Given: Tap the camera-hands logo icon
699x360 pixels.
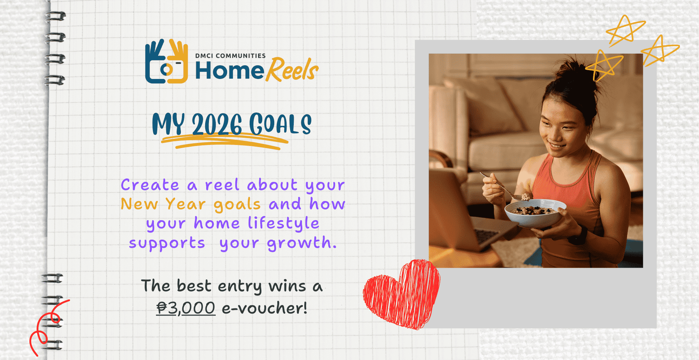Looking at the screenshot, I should [x=167, y=62].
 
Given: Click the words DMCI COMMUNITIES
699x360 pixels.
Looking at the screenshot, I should [x=230, y=56].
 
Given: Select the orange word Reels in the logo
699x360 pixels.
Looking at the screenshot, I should [x=292, y=70].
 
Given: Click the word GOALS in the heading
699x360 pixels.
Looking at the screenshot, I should [x=280, y=124].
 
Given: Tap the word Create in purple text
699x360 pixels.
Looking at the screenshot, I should [x=150, y=185].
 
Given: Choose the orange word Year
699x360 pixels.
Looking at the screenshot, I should [x=186, y=204].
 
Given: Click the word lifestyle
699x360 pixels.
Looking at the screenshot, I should [x=283, y=224].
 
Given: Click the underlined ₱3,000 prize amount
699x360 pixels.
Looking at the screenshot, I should [x=186, y=308].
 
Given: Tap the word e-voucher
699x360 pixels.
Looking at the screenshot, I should [x=264, y=308].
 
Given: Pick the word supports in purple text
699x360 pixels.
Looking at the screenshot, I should [x=167, y=243].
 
